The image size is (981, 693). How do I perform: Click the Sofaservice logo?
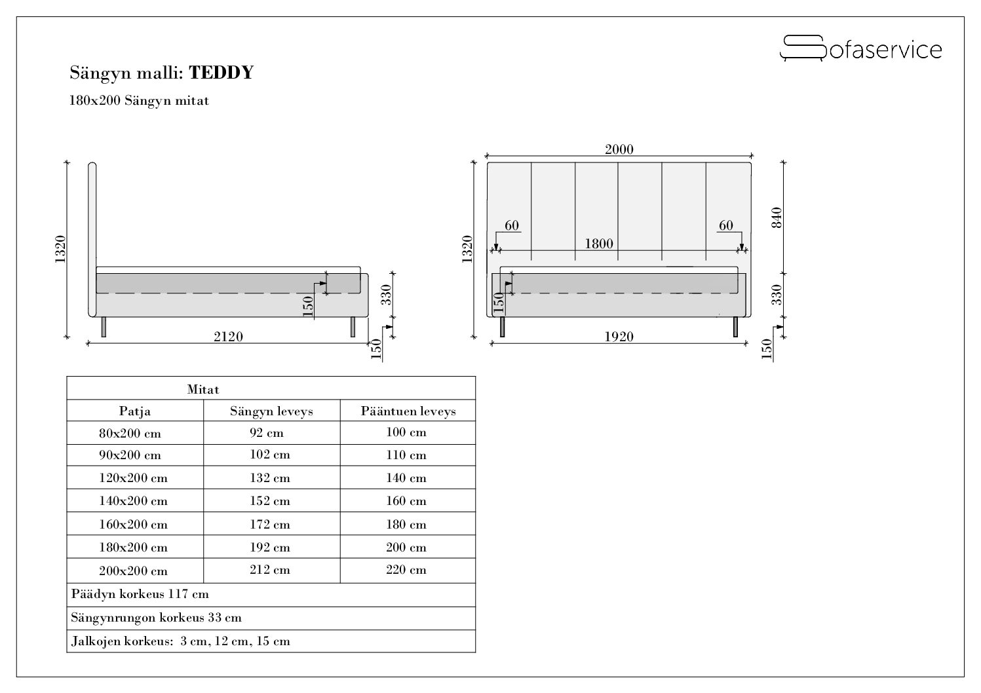point(860,48)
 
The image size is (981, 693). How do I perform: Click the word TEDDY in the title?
point(221,73)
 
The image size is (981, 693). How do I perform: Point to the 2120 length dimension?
point(228,337)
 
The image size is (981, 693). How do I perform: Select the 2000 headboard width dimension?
point(619,149)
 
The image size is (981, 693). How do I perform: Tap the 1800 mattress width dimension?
point(599,244)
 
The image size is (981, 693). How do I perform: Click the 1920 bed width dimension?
point(619,337)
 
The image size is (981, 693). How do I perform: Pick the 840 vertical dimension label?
point(776,217)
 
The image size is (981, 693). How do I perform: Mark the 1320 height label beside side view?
point(60,249)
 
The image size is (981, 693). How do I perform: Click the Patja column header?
point(134,411)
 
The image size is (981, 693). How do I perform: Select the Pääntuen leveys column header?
point(408,411)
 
